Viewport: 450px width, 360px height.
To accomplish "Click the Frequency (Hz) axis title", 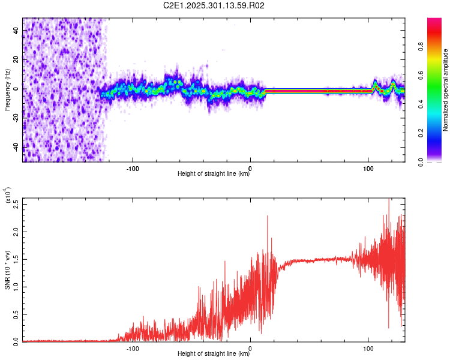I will (x=7, y=89).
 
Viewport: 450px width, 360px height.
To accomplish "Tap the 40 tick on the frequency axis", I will (x=16, y=30).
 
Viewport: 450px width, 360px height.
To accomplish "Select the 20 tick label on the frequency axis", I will (x=16, y=59).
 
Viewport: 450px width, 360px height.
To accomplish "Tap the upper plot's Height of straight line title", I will (x=214, y=174).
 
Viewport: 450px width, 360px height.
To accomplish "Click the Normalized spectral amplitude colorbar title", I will (x=446, y=89).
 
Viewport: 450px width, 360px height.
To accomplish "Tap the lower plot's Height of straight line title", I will (x=214, y=354).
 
